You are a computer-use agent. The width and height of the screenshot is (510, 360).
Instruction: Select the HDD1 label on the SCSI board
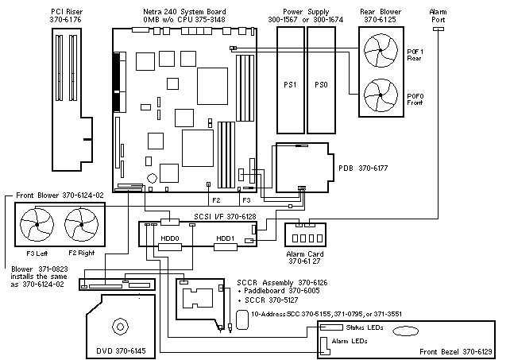[x=226, y=238]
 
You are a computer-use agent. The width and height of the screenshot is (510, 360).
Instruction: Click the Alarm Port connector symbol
[x=438, y=29]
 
